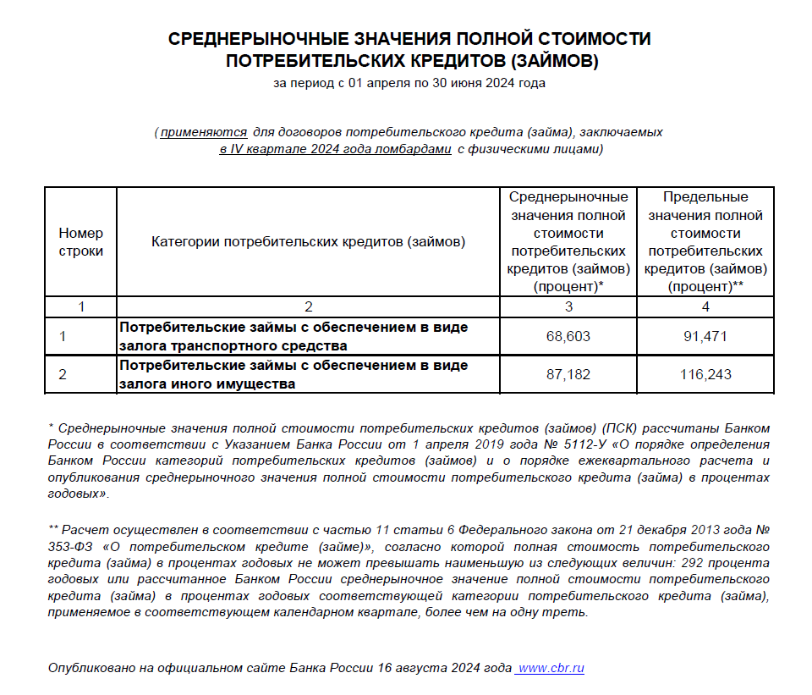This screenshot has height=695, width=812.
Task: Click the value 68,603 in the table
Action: (568, 337)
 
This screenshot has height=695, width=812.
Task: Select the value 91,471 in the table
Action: (705, 337)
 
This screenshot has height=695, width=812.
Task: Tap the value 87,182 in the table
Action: (568, 374)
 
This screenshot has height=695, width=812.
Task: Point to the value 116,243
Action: (705, 374)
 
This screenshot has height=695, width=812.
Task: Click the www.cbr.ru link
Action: (551, 668)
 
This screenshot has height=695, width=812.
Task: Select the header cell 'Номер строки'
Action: (81, 242)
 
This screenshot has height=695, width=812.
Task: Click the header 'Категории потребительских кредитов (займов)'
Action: (309, 242)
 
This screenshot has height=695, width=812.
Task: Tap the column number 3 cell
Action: (568, 306)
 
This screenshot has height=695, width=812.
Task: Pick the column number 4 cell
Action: (705, 306)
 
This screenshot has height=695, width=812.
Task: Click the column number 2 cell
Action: (309, 306)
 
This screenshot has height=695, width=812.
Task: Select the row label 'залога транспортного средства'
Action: (233, 345)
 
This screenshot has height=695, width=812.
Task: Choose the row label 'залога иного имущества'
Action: (207, 383)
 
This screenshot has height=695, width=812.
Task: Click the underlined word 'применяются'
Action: (204, 133)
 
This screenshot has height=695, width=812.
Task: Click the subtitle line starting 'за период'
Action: (409, 83)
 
